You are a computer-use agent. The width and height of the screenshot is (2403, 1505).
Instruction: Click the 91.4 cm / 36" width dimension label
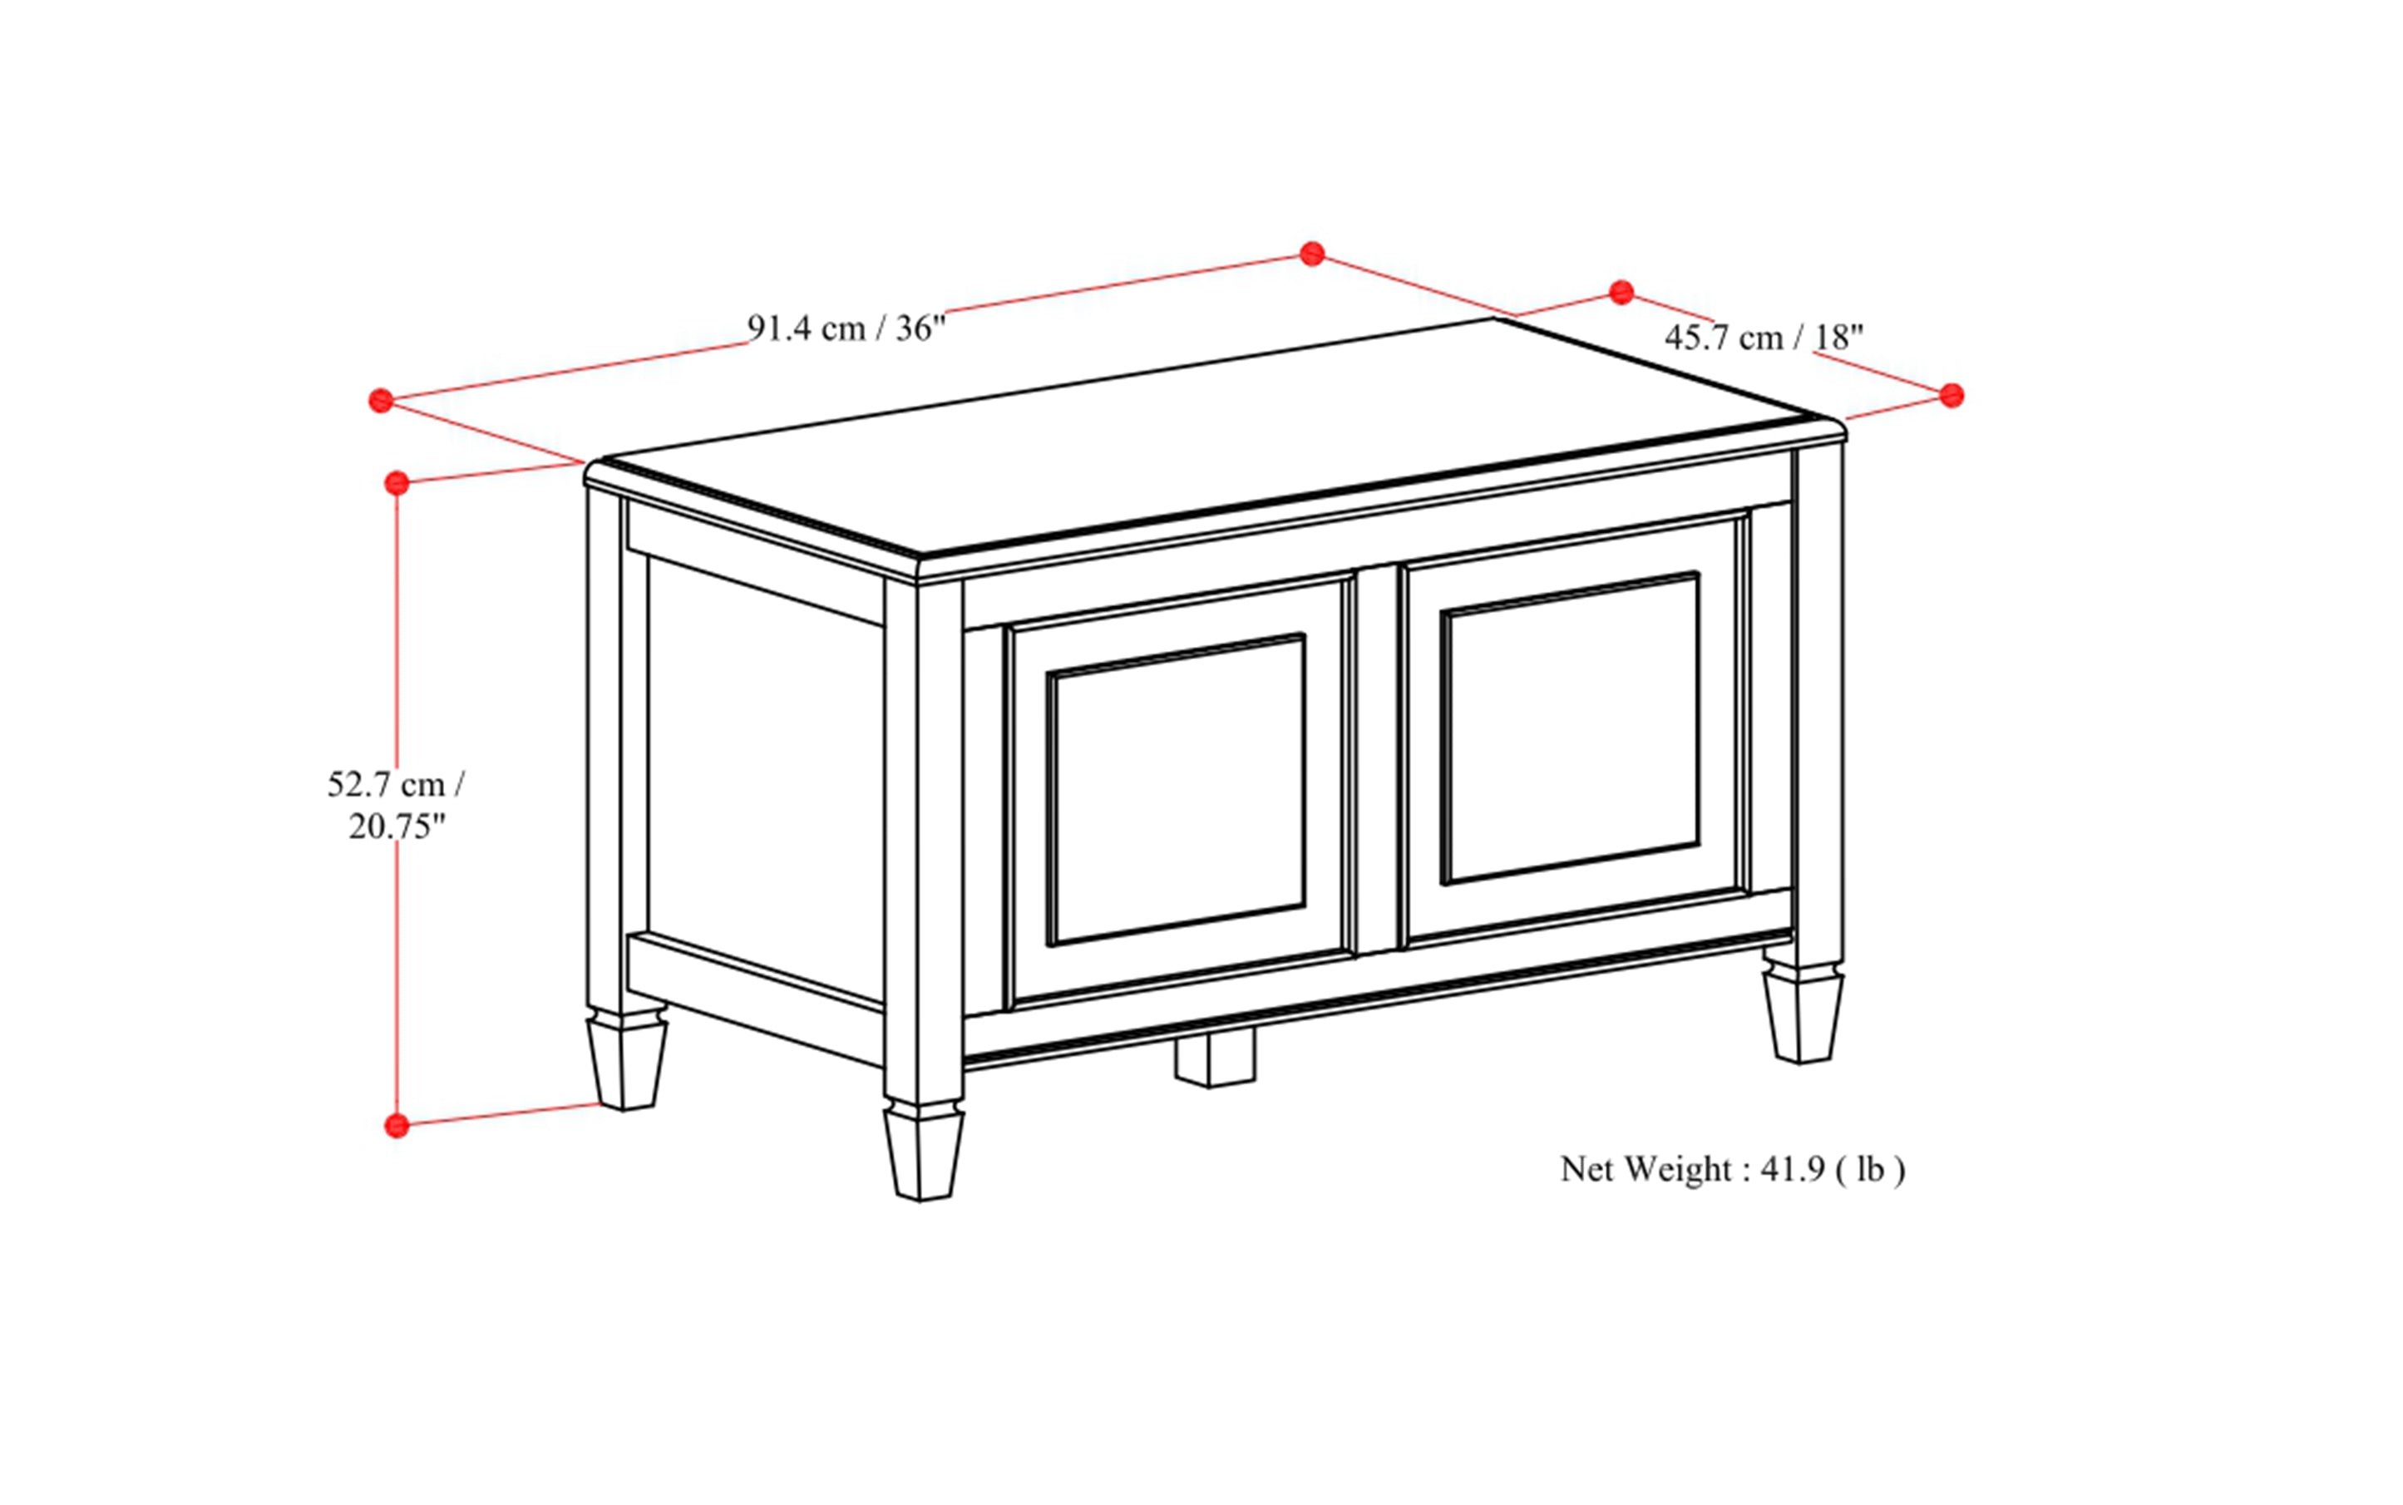pos(845,328)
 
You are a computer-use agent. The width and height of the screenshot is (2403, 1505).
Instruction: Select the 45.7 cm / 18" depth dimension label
pos(1763,338)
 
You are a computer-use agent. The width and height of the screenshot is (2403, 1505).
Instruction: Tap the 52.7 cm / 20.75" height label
pos(395,805)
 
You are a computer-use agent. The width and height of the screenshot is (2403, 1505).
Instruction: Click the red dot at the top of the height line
pos(397,484)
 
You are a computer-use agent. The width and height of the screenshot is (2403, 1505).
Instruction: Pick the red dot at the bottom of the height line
pos(397,1126)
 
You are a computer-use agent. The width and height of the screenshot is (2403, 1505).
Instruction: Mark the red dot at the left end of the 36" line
pos(380,401)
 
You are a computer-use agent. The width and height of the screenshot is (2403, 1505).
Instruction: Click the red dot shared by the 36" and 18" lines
pos(1312,254)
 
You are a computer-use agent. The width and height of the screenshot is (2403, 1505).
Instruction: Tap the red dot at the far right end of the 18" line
pos(1952,396)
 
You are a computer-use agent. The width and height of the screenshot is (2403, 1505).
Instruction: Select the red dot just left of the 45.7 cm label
pos(1621,293)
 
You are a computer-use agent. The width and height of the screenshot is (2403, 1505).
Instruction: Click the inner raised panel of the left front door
pos(1176,790)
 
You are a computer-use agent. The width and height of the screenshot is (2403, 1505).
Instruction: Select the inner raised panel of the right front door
pos(1570,728)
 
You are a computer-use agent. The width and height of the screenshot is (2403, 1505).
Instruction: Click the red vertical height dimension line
pos(397,647)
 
